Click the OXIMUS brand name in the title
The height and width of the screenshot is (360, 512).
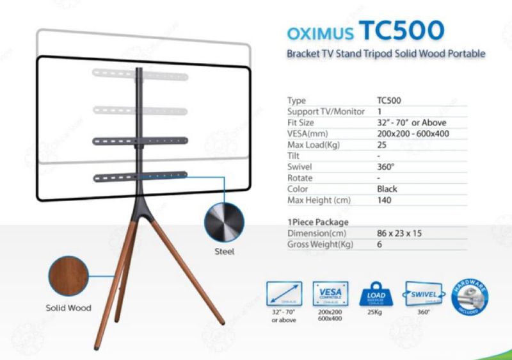click(x=319, y=33)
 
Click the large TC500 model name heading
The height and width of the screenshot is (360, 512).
click(x=401, y=30)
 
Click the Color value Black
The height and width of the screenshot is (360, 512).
click(x=387, y=189)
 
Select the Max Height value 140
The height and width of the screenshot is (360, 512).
click(x=384, y=200)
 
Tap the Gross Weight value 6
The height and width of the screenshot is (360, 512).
click(x=380, y=244)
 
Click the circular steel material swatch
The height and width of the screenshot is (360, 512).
click(x=224, y=224)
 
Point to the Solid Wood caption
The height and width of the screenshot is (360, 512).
click(x=68, y=307)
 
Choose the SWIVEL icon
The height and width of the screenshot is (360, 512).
click(x=422, y=295)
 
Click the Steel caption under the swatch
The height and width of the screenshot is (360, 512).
click(x=224, y=252)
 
